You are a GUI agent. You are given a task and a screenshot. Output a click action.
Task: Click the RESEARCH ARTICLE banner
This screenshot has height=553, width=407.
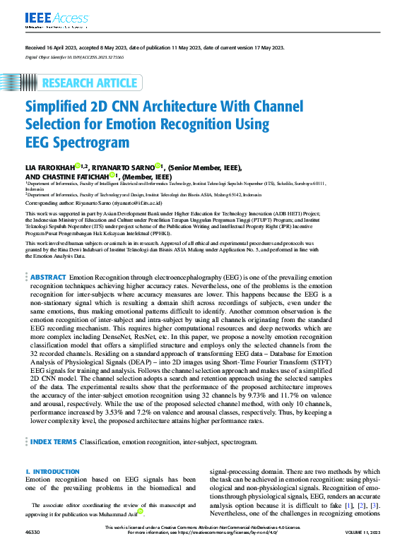click(90, 83)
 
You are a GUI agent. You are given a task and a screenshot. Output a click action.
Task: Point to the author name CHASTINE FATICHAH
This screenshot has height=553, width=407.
click(82, 177)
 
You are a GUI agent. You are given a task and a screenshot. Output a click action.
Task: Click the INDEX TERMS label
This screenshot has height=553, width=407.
click(53, 442)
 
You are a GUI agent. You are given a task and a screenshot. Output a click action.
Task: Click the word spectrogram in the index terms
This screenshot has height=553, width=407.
click(237, 442)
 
